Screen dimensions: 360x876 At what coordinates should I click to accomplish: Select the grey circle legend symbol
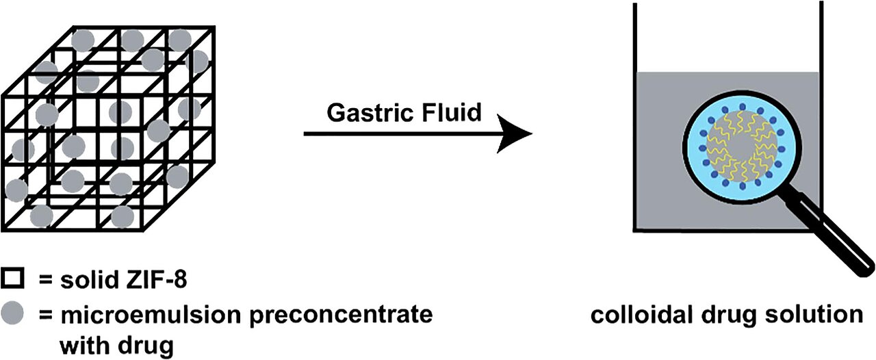pos(14,314)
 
